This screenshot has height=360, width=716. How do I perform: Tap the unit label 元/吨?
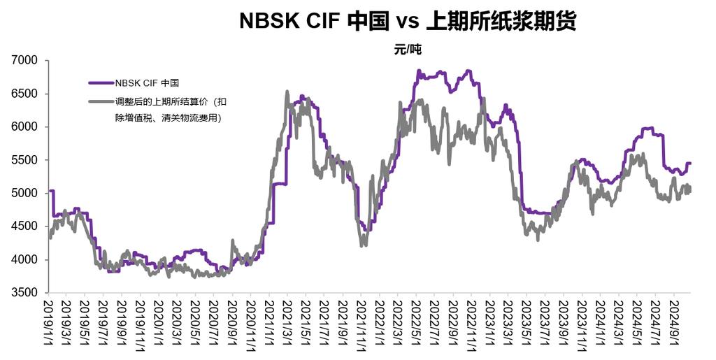(x=408, y=50)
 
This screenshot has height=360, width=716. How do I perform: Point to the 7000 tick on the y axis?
(x=30, y=61)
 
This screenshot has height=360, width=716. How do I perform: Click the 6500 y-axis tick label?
(x=30, y=94)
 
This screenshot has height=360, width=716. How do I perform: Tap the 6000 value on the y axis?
(x=30, y=127)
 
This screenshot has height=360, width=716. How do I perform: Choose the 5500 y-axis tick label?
(x=30, y=160)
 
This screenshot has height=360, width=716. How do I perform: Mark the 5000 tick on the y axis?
(x=30, y=194)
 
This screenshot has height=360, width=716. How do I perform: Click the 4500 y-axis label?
(x=30, y=226)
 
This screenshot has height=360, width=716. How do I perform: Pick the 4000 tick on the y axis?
(x=30, y=260)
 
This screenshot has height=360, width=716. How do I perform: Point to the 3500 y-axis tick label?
(x=30, y=293)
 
